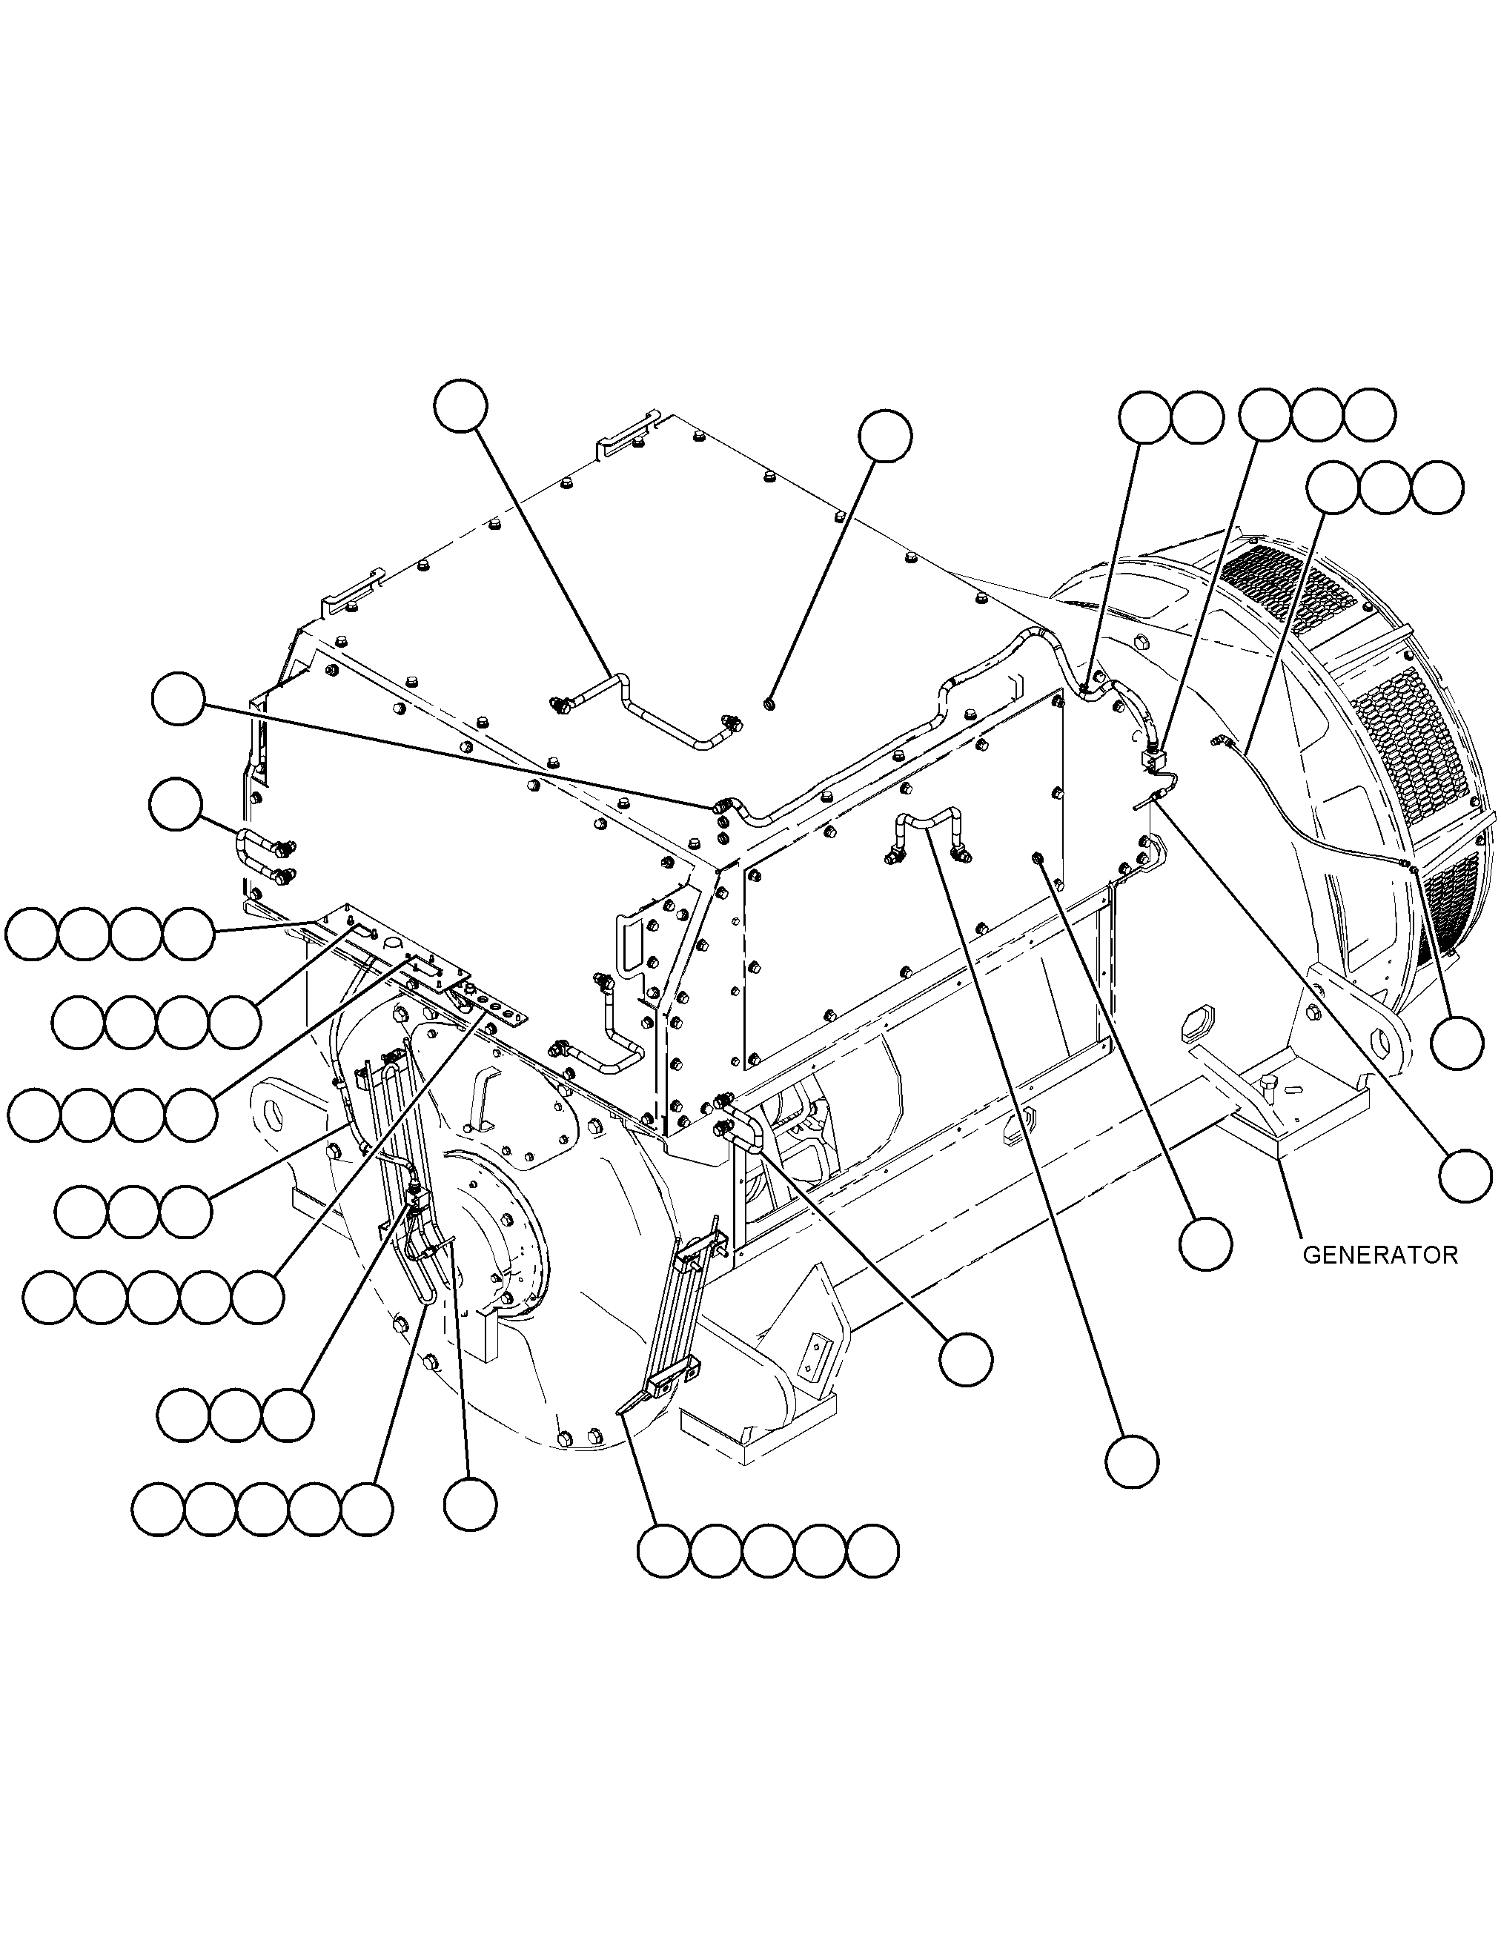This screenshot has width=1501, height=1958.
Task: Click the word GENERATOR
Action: tap(1379, 1255)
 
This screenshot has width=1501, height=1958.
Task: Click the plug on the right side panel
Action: tap(1038, 858)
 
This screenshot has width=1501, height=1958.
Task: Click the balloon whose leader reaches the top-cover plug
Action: tap(884, 436)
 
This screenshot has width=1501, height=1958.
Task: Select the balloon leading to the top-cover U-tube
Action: tap(460, 406)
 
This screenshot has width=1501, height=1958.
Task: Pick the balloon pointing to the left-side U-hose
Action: tap(176, 804)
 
